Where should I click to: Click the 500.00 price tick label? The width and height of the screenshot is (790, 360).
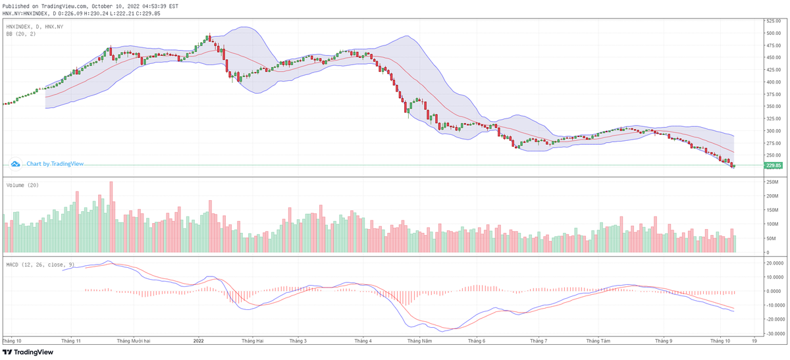pyautogui.click(x=773, y=33)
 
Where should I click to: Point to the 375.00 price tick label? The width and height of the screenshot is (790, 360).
pyautogui.click(x=773, y=94)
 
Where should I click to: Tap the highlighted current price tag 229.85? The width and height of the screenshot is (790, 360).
pyautogui.click(x=774, y=165)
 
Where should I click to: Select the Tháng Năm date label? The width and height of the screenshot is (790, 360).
pyautogui.click(x=419, y=341)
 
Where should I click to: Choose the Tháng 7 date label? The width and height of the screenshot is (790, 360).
pyautogui.click(x=539, y=341)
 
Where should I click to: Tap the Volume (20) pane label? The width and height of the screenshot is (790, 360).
pyautogui.click(x=22, y=186)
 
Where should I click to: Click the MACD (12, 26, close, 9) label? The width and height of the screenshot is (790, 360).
pyautogui.click(x=39, y=265)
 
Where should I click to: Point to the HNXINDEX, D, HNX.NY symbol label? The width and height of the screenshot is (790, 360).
pyautogui.click(x=34, y=26)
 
